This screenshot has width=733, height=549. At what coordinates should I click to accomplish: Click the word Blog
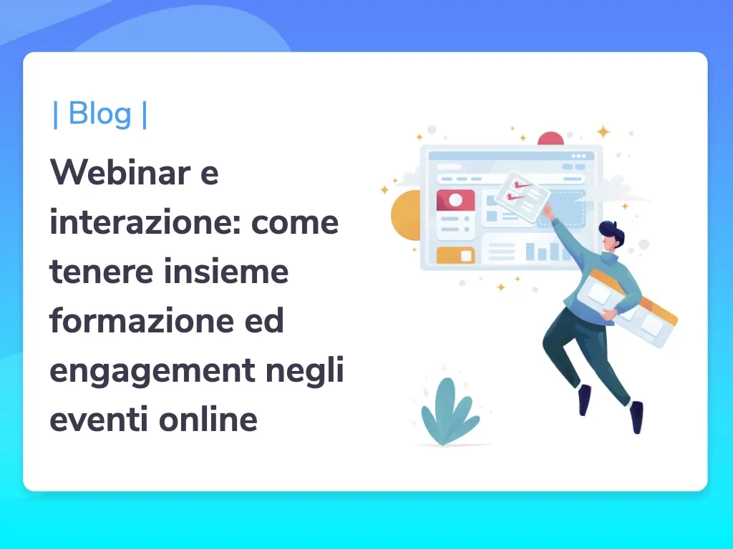pyautogui.click(x=99, y=114)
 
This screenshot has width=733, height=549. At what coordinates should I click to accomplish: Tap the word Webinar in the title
pyautogui.click(x=120, y=172)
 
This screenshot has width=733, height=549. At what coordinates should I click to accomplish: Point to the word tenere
pyautogui.click(x=101, y=272)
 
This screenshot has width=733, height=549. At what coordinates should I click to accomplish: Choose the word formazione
pyautogui.click(x=142, y=320)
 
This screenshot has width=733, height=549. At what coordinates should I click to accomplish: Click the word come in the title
pyautogui.click(x=294, y=223)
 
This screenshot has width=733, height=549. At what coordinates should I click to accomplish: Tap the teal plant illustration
pyautogui.click(x=450, y=411)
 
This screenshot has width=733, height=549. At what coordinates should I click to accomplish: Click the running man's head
pyautogui.click(x=611, y=237)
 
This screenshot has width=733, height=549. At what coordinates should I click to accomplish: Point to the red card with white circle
pyautogui.click(x=455, y=200)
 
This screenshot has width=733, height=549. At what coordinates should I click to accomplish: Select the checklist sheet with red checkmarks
pyautogui.click(x=522, y=196)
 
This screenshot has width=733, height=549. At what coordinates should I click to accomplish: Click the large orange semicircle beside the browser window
pyautogui.click(x=406, y=215)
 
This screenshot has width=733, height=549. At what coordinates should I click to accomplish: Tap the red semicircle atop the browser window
pyautogui.click(x=550, y=139)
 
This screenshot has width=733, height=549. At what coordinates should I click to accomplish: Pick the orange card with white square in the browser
pyautogui.click(x=455, y=255)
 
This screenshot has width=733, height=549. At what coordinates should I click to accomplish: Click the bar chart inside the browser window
pyautogui.click(x=545, y=251)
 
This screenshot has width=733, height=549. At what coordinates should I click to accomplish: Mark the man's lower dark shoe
pyautogui.click(x=636, y=417)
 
